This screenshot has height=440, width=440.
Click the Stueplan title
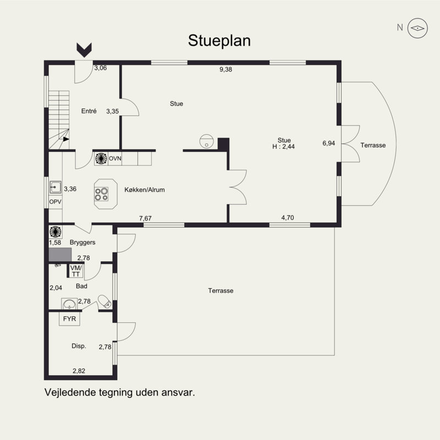coord(219,41)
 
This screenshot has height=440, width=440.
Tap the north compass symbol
coord(417,28)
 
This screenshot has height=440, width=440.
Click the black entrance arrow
coord(84,50)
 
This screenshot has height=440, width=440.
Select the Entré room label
coord(89,111)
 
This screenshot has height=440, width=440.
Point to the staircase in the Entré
coord(59,120)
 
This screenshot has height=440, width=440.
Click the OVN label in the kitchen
coord(115,158)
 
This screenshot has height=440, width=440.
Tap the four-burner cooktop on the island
coord(101,194)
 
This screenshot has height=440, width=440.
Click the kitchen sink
coord(56,187)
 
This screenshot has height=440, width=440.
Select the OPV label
coord(56,202)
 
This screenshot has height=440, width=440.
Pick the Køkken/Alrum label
coord(145,190)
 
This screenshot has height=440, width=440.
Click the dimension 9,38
coord(226,69)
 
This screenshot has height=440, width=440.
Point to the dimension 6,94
coord(328,143)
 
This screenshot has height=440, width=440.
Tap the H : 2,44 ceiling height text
coord(283,146)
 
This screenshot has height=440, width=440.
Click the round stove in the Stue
coord(207,141)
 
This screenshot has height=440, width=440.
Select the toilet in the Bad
coord(105,301)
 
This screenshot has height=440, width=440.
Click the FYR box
coord(69,319)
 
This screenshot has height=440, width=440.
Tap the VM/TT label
coord(76,271)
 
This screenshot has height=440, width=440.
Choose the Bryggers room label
coord(82,242)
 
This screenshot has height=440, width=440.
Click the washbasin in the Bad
coord(69,304)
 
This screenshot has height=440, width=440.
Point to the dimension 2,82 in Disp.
coord(79,371)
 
